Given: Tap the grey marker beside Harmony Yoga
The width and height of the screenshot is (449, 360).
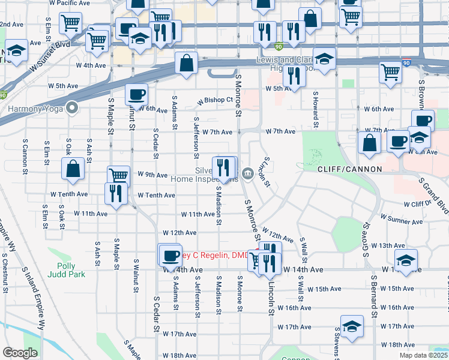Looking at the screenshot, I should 73,109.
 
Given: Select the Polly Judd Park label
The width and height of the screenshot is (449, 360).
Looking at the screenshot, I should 71,270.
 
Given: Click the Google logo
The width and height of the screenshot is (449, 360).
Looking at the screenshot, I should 20,353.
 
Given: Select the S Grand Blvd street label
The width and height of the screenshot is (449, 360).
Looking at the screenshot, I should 433,196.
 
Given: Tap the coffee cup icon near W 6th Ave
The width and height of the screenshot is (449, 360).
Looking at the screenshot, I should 136,94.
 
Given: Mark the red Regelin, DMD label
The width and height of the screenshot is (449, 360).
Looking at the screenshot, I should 213,255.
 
